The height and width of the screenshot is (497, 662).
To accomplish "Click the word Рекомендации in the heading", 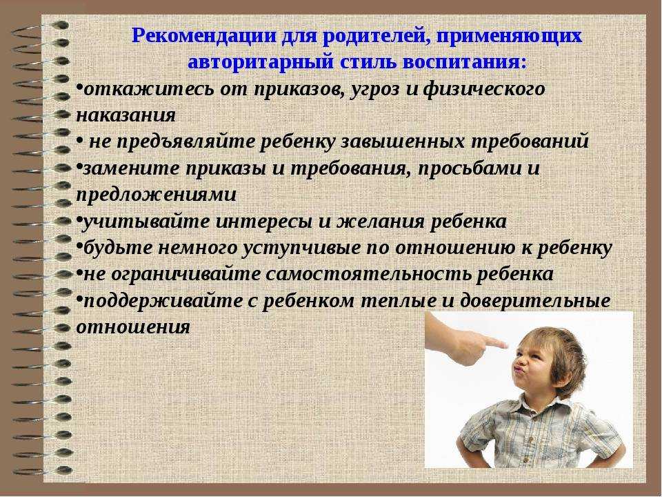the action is pos(205,36).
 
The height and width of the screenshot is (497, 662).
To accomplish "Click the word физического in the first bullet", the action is pos(484,90).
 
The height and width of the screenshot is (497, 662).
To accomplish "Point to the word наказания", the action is pos(126,116).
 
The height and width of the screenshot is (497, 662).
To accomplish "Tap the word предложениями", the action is pos(157,195).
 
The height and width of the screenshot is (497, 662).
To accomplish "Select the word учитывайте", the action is pos(146,222).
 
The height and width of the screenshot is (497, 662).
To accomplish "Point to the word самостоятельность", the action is pos(368,274).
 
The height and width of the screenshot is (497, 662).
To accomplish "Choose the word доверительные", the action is pos(535,301).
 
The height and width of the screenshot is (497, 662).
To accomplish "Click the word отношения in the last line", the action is pos(133,327).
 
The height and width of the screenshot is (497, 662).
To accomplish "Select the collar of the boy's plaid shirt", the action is pos(543,406).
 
